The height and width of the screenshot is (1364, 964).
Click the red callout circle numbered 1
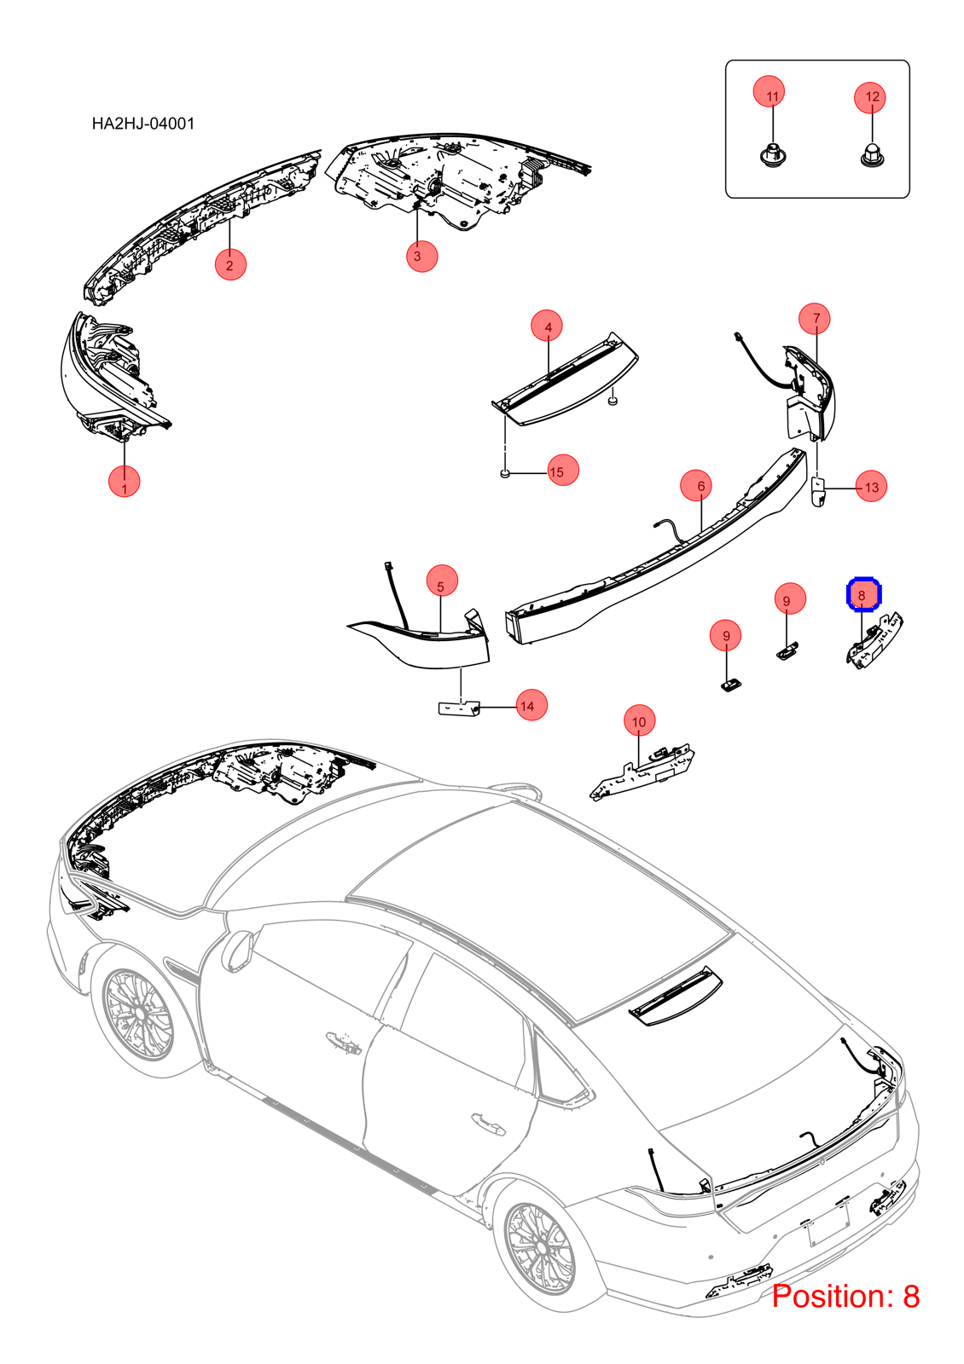pos(125,481)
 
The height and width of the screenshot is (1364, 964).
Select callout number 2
pos(230,264)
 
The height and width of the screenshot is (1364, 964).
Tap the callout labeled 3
pos(421,256)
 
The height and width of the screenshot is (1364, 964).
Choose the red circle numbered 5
pos(442,581)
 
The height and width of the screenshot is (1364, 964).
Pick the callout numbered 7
pos(815,318)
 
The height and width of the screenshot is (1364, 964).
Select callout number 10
pos(639,721)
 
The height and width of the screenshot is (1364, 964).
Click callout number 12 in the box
pos(869,97)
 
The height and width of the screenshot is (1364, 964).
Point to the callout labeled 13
pos(871,486)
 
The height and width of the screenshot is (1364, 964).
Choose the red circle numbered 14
pos(531,705)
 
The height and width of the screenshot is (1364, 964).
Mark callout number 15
pos(562,470)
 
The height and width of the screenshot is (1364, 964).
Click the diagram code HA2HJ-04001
pos(143,124)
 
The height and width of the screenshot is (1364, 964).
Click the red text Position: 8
pos(845,1296)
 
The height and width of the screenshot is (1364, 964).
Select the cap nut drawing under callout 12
pos(872,154)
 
